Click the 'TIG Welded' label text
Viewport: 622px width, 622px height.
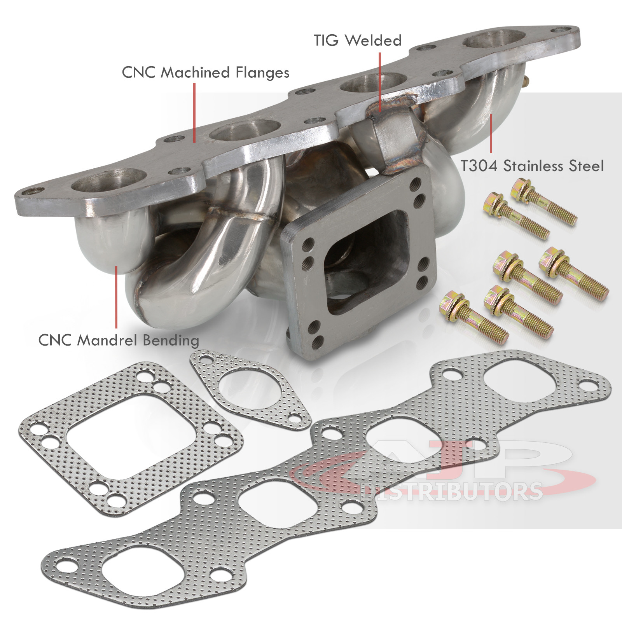pos(358,41)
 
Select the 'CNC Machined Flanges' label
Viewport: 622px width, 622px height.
pos(206,73)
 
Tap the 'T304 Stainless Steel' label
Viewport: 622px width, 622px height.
pos(532,166)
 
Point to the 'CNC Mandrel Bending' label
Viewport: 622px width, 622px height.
pos(119,341)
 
